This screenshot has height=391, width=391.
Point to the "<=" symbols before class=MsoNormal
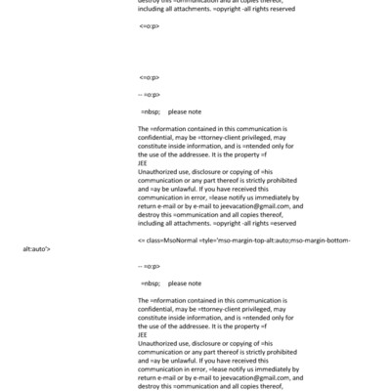(142, 239)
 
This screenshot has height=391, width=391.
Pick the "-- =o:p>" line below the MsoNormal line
(150, 265)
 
